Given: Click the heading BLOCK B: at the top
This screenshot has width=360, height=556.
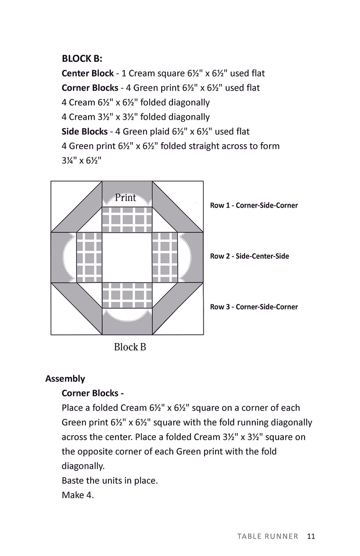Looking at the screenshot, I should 82,58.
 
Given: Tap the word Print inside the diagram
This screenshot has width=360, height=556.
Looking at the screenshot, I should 125,198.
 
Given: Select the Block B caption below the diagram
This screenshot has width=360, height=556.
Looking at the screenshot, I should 130,347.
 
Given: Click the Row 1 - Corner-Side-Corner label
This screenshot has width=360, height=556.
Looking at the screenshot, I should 254,205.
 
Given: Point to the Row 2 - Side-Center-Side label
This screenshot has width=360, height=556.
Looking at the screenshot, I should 249,256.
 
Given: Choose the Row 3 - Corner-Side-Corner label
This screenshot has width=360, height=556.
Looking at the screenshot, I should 254,307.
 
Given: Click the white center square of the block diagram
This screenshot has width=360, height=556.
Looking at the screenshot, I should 127,258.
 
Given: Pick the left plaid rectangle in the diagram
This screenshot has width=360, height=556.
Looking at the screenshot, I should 89,258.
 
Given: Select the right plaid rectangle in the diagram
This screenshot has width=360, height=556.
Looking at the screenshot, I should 165,258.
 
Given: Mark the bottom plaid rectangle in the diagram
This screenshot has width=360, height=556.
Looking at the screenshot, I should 127,295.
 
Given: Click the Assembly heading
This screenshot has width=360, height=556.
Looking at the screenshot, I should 65,379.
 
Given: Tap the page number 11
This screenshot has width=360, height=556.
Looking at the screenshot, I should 311,536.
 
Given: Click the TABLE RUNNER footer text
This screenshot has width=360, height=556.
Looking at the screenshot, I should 268,536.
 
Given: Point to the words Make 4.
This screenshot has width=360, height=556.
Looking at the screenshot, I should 78,495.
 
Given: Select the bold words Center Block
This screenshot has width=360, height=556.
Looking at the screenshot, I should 87,73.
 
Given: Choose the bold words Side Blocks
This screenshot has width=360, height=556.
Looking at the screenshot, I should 85,131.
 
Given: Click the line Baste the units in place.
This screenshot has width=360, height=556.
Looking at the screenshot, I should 110,480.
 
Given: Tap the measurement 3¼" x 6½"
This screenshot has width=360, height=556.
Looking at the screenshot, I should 81,161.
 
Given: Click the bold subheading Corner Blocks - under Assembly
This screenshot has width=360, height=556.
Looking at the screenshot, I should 93,393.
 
